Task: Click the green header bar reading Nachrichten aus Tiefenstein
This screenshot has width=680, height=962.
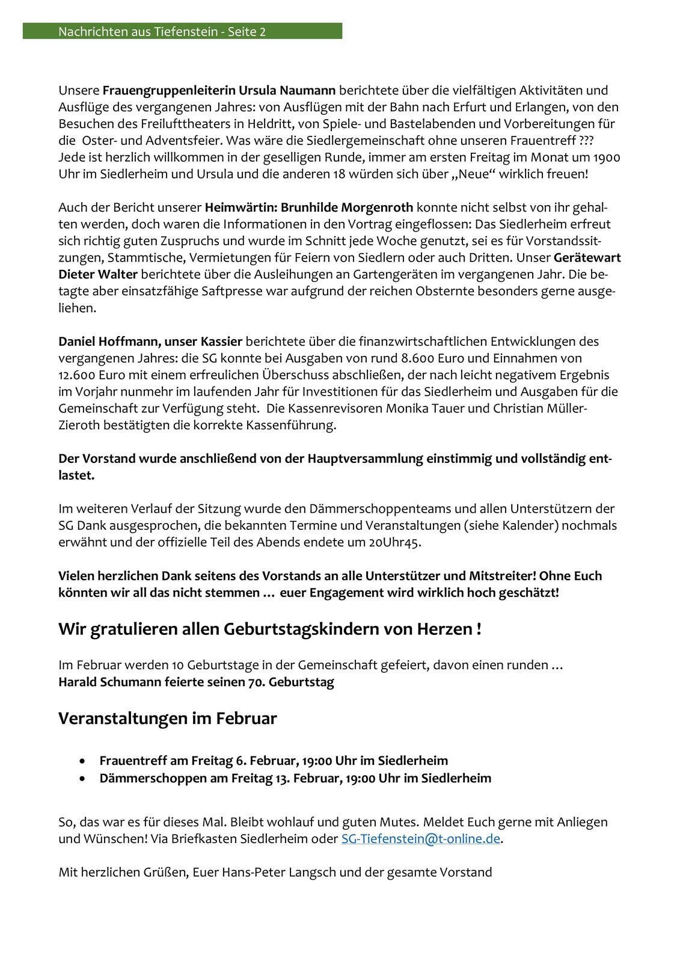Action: pyautogui.click(x=182, y=31)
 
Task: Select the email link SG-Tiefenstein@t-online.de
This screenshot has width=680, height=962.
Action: pyautogui.click(x=420, y=839)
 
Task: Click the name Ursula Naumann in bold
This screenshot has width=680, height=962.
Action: pyautogui.click(x=287, y=91)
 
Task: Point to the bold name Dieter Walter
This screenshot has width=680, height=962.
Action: pyautogui.click(x=98, y=275)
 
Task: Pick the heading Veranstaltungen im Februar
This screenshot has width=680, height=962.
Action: pyautogui.click(x=167, y=719)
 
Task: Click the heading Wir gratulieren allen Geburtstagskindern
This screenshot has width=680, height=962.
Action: pyautogui.click(x=269, y=630)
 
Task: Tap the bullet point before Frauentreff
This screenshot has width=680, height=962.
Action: pyautogui.click(x=82, y=761)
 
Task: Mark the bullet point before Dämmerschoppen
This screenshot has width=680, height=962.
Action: pyautogui.click(x=82, y=779)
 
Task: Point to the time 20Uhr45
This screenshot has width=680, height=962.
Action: pyautogui.click(x=394, y=542)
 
